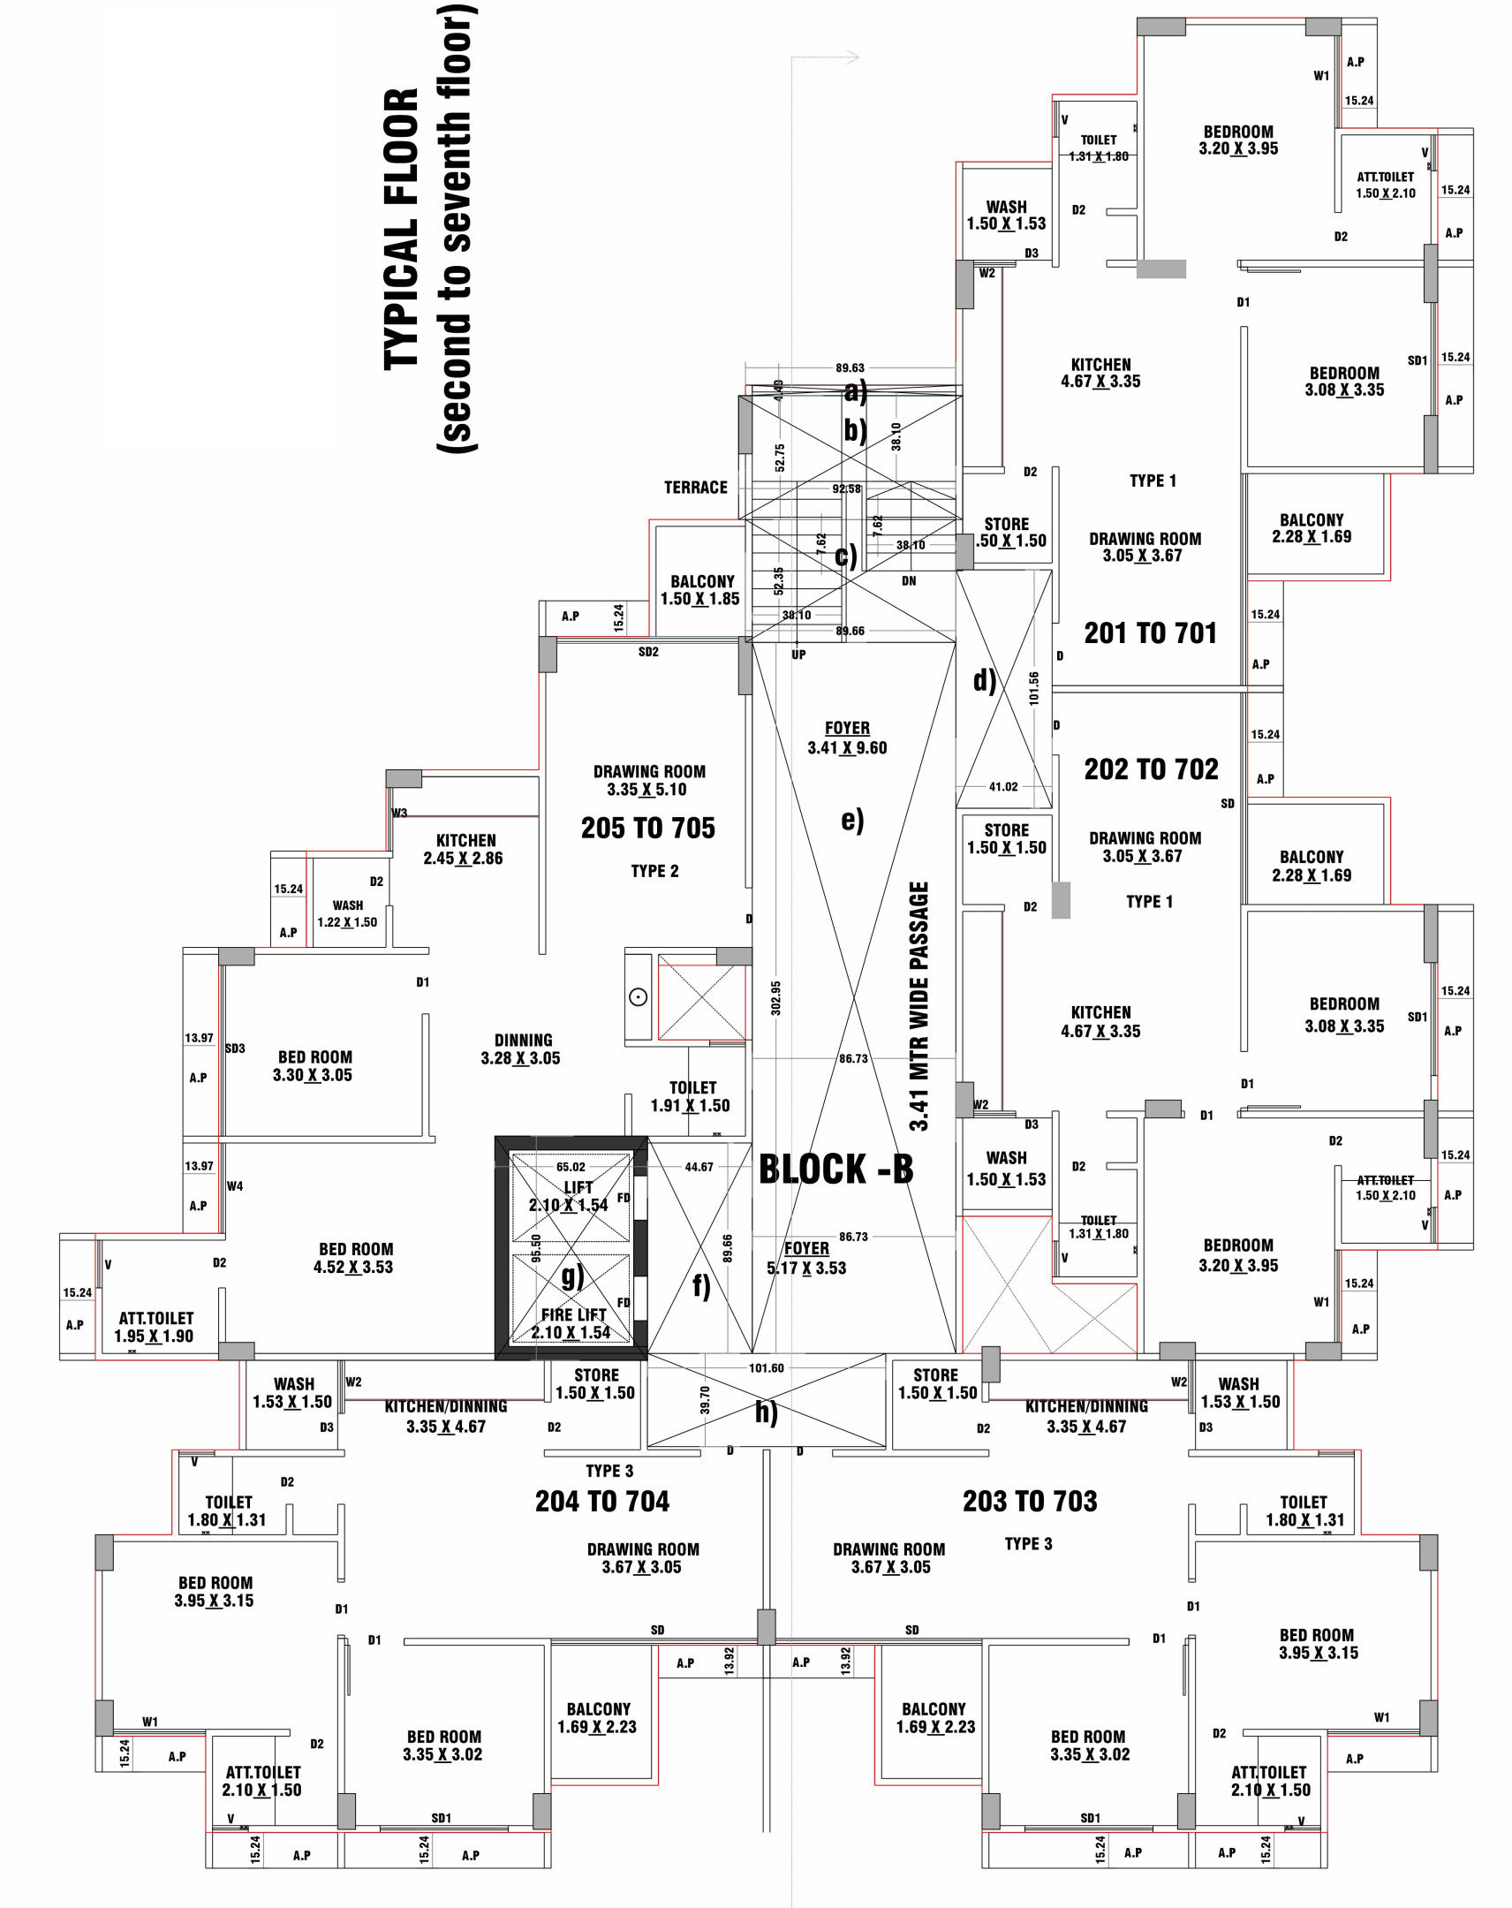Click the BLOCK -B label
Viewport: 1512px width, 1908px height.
click(x=835, y=1169)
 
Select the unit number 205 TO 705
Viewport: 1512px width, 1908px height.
click(x=647, y=829)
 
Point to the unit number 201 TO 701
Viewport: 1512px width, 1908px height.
click(x=1150, y=633)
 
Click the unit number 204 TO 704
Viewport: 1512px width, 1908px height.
click(x=601, y=1501)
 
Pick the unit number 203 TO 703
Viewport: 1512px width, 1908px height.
click(x=1030, y=1501)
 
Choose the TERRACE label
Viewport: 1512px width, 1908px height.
click(x=695, y=488)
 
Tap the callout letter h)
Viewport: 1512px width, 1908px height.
click(x=767, y=1413)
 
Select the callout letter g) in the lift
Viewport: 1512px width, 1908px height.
click(x=572, y=1276)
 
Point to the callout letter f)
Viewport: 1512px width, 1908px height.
click(x=700, y=1286)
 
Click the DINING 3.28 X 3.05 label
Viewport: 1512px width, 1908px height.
click(x=521, y=1049)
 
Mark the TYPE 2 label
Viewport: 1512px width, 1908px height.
click(x=654, y=872)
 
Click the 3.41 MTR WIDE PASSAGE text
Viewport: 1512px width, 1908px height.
click(x=919, y=1006)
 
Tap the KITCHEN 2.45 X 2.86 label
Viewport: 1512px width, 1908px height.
click(x=465, y=850)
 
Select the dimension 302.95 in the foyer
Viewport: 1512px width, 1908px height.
click(x=776, y=997)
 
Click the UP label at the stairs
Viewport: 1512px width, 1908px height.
click(x=798, y=655)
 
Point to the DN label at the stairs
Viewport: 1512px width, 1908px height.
click(x=909, y=581)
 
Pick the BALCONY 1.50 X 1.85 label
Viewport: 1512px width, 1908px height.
click(x=700, y=590)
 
